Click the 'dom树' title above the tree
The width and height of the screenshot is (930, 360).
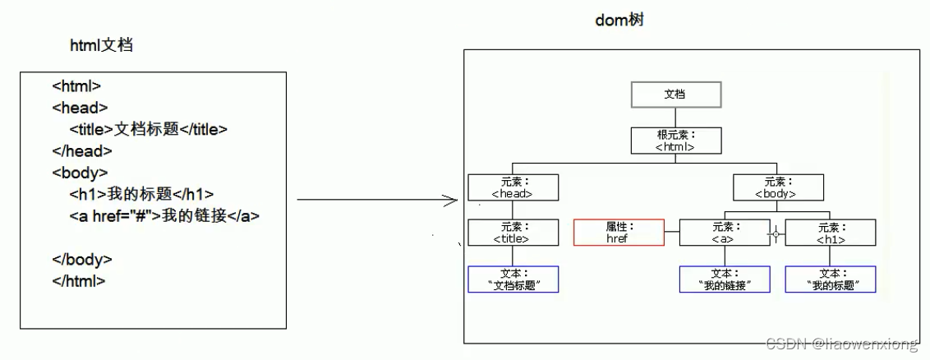619,20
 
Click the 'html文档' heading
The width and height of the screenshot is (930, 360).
101,46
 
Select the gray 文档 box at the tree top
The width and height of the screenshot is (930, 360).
675,95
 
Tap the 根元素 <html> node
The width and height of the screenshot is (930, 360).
675,141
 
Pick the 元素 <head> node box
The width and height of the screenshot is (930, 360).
513,187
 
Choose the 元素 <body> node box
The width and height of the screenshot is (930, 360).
775,187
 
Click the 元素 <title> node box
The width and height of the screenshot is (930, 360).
513,233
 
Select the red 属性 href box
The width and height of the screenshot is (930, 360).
617,233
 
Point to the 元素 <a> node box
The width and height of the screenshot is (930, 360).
724,233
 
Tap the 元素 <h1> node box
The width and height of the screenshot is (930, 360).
830,233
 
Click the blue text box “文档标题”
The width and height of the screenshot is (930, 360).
513,279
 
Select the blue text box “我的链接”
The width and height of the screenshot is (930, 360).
724,279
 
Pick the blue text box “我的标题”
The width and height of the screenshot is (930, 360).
830,279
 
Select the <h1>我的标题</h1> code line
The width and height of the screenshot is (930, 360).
141,194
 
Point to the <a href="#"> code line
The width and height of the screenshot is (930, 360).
164,216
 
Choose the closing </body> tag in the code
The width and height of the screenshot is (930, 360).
82,259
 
